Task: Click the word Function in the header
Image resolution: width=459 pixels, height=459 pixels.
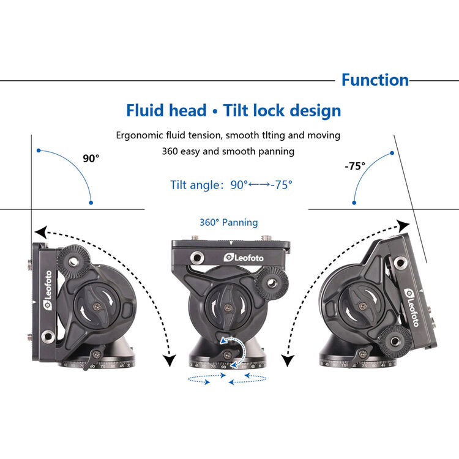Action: coord(375,80)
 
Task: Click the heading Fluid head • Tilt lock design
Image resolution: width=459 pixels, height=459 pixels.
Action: coord(233,111)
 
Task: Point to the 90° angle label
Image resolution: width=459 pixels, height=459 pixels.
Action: coord(91,159)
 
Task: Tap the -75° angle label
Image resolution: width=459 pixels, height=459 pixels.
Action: coord(354,165)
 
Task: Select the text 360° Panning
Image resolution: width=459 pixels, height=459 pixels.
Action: coord(228,223)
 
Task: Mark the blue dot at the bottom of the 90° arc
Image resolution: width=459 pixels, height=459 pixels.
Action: coord(91,201)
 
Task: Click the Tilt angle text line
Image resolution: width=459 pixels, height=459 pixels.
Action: coord(231,184)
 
